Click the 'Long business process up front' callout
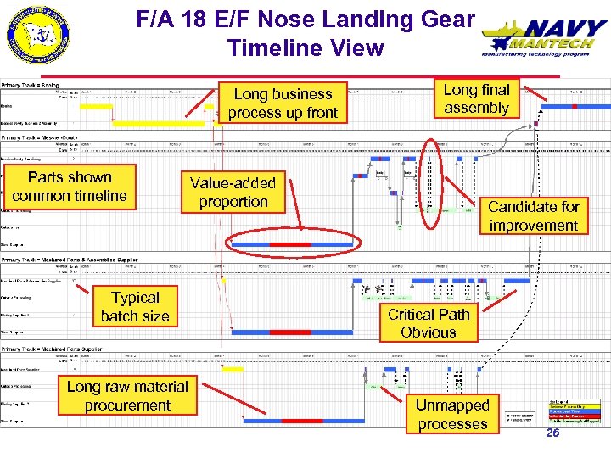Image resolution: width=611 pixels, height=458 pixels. click(x=283, y=103)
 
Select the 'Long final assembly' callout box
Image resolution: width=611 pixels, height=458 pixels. click(x=476, y=98)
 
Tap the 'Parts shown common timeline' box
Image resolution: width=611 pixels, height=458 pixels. click(x=70, y=187)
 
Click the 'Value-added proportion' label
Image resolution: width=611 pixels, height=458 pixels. click(x=233, y=193)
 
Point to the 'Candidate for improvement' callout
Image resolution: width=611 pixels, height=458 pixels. click(x=533, y=216)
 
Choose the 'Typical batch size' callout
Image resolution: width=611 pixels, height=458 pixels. click(x=135, y=307)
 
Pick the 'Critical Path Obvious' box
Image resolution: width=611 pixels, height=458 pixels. click(x=429, y=323)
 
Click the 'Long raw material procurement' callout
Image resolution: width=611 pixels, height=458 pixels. click(x=127, y=396)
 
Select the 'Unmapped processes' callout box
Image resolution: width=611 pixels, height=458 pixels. click(x=452, y=415)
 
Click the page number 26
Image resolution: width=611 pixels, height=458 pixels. click(x=552, y=433)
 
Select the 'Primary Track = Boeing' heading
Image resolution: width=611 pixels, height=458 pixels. click(x=31, y=86)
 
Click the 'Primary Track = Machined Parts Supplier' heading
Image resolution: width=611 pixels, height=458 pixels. click(x=51, y=349)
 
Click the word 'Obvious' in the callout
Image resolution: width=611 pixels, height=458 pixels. click(x=429, y=332)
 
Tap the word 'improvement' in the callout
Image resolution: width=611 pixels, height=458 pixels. click(x=533, y=226)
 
